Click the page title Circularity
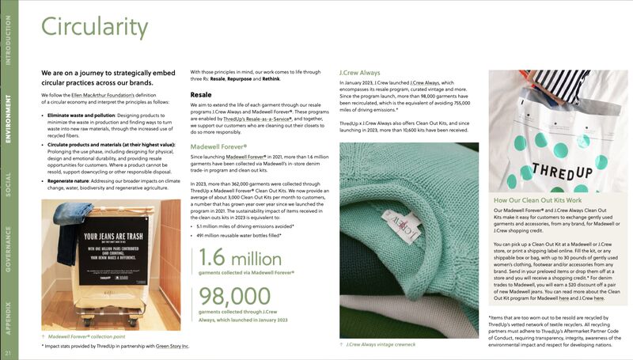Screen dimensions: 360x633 point(95,28)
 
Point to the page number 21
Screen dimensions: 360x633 point(7,353)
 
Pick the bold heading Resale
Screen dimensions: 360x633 point(200,94)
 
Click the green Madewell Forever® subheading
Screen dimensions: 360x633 point(219,146)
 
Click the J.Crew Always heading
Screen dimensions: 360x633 point(360,72)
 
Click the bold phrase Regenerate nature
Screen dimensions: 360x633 point(72,181)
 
